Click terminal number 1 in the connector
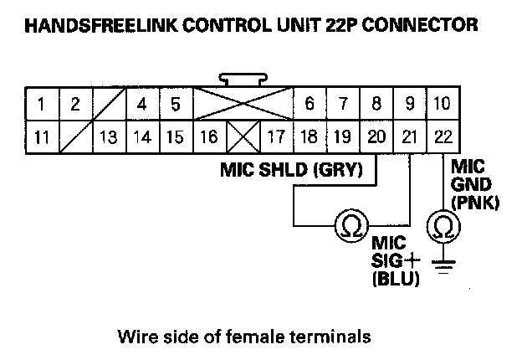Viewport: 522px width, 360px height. (x=41, y=105)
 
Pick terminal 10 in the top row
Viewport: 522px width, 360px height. (x=441, y=105)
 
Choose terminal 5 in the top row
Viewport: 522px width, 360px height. (x=175, y=105)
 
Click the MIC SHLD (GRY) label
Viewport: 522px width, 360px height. (x=290, y=171)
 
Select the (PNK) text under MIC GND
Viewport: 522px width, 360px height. (x=468, y=202)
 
